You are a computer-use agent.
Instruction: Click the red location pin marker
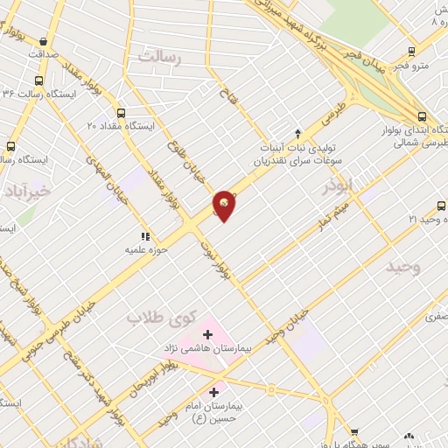click(225, 205)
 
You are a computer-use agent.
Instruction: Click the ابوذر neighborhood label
click(335, 185)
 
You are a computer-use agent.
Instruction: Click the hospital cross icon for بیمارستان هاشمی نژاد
click(208, 334)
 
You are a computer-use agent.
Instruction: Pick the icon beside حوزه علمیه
click(145, 235)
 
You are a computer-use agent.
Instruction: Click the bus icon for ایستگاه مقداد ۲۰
click(120, 113)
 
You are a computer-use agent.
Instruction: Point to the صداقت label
click(42, 54)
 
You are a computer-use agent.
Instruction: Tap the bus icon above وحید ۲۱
click(441, 206)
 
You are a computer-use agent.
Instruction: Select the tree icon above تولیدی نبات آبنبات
click(297, 134)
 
